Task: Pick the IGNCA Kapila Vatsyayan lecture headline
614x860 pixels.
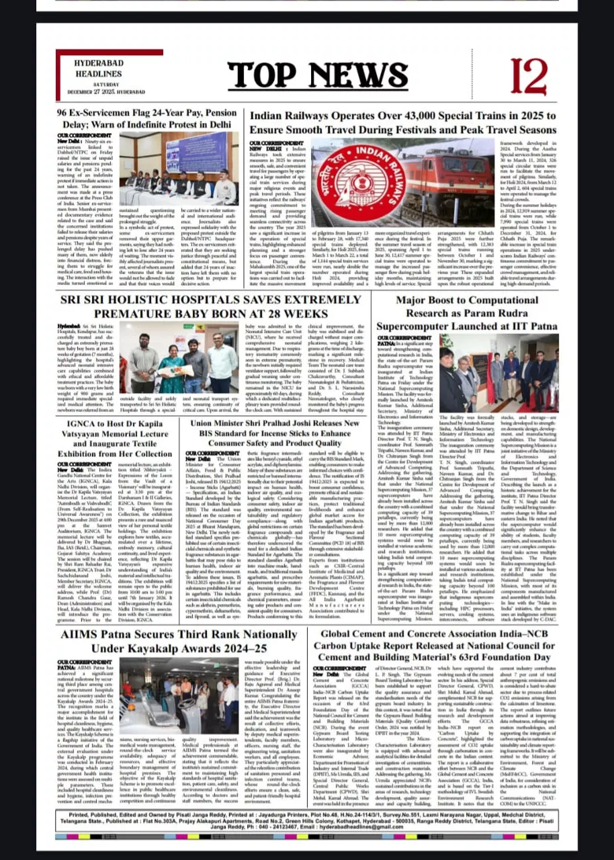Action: click(x=118, y=440)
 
